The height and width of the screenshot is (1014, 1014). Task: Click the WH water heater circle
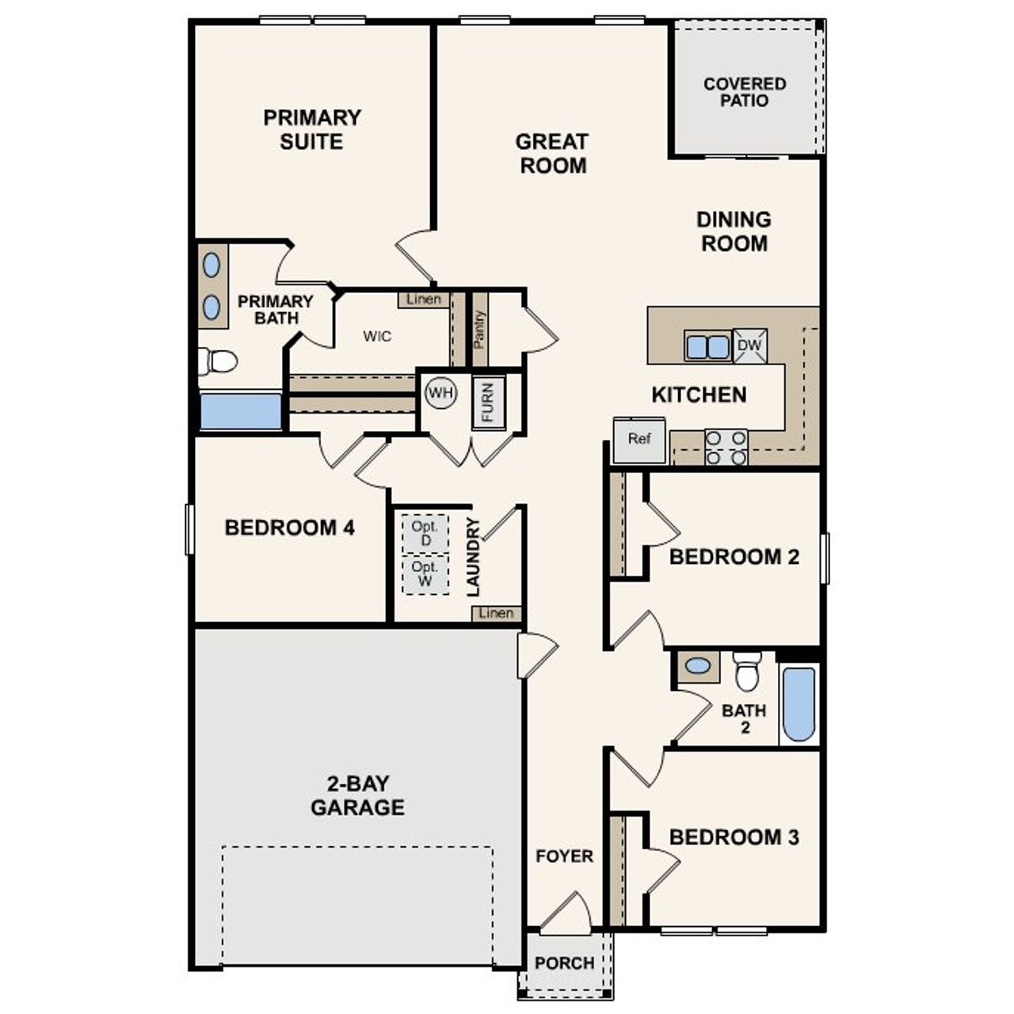coord(440,392)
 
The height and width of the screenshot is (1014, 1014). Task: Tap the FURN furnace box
coord(488,403)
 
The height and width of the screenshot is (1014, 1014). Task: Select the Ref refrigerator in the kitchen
coord(639,439)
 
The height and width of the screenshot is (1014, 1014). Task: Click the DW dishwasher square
coord(749,345)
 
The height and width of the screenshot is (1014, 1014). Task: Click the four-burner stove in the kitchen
coord(726,448)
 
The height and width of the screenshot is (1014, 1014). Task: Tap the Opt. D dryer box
coord(425,534)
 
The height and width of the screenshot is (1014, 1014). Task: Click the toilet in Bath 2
coord(746,673)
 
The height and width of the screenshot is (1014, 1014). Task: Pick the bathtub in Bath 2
coord(799,704)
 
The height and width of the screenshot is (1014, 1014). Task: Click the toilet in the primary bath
coord(219,361)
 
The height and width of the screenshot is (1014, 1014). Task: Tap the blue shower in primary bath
coord(240,412)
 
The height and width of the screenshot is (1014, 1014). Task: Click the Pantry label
coord(479,329)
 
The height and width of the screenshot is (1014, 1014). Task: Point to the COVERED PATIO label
coord(745,92)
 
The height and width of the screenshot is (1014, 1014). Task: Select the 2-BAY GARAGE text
coord(357,795)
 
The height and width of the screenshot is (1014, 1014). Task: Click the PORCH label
coord(564,963)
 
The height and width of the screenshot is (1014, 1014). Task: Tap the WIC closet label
coord(377,337)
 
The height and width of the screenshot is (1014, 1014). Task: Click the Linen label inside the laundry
coord(497,613)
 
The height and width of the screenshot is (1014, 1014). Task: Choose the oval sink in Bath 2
coord(697,665)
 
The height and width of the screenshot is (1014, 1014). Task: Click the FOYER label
coord(564,856)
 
